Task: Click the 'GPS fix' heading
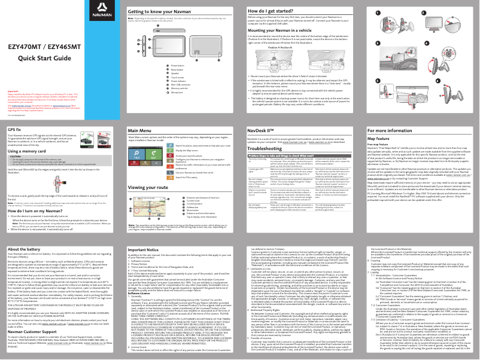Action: (x=14, y=129)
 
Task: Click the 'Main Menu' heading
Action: (x=140, y=130)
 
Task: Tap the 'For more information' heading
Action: (x=390, y=130)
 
